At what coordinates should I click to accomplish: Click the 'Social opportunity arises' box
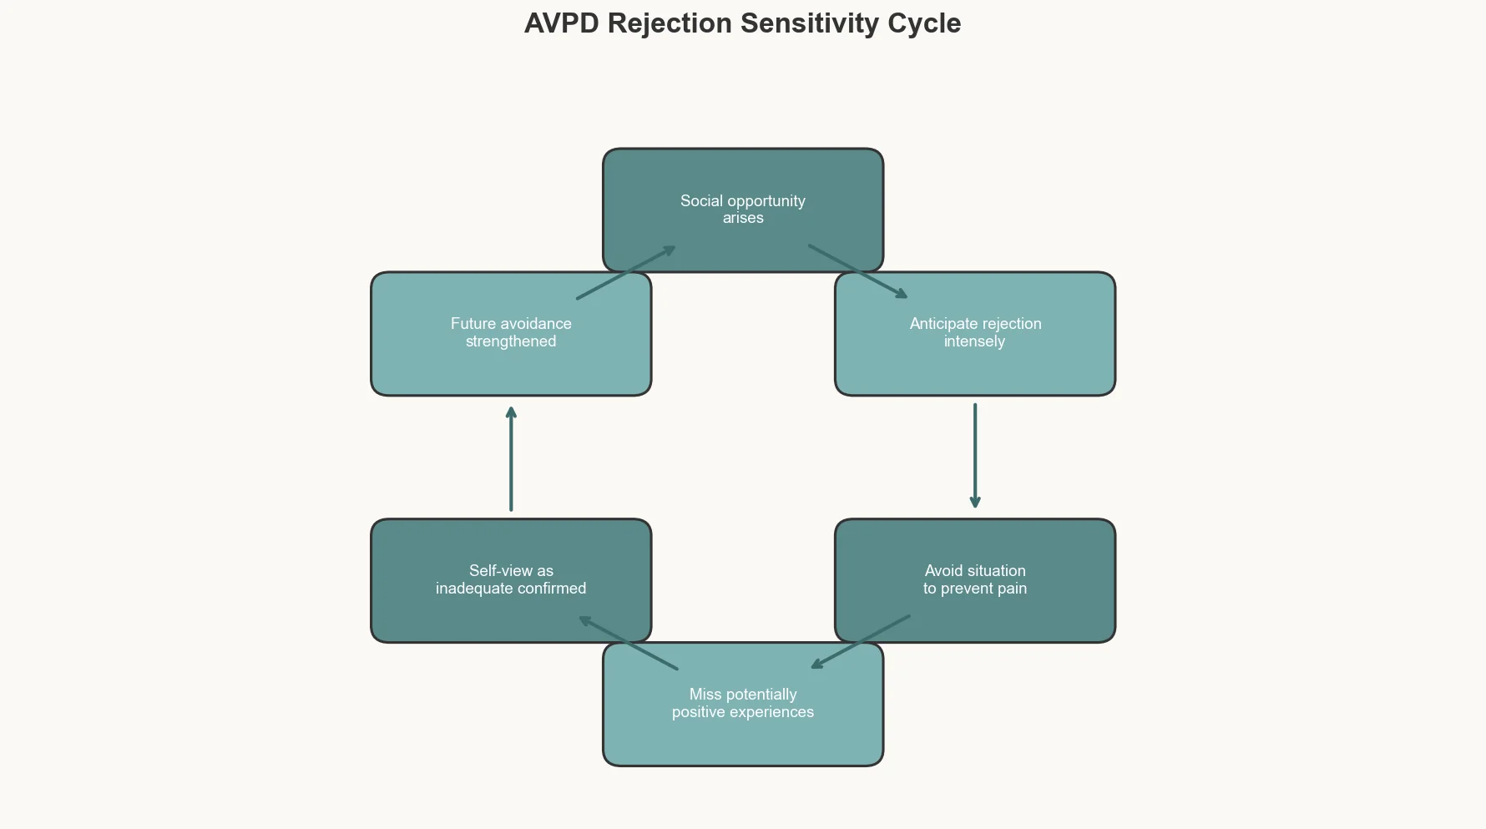click(743, 179)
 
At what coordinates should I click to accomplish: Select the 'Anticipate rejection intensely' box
click(975, 367)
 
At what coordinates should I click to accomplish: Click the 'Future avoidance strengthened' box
click(511, 367)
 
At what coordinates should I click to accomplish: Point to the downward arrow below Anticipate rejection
click(975, 456)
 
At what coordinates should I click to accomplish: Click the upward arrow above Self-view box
click(511, 459)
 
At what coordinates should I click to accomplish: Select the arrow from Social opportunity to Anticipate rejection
click(857, 271)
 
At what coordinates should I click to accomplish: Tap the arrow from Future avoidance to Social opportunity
click(626, 272)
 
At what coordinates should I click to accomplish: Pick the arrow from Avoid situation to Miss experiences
click(861, 642)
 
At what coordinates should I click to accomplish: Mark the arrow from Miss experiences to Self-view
click(629, 643)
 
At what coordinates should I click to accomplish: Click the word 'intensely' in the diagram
click(974, 341)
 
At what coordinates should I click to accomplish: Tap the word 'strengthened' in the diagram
click(511, 341)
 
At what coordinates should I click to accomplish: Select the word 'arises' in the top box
click(743, 218)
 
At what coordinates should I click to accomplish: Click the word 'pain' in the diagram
click(1011, 589)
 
